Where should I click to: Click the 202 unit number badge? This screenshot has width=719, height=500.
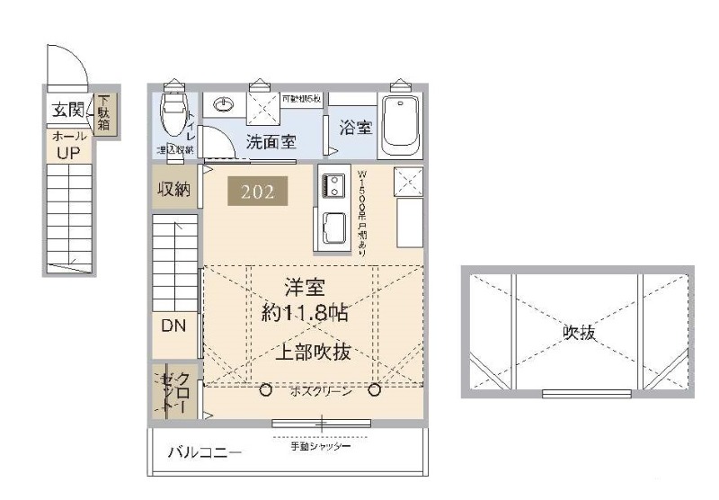(258, 191)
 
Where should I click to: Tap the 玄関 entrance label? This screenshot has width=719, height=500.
(67, 111)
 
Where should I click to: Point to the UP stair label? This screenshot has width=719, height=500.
(68, 152)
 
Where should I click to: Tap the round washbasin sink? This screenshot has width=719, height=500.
(223, 105)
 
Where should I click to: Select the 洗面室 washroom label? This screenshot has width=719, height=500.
(272, 142)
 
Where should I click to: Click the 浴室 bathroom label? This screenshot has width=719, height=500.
(355, 128)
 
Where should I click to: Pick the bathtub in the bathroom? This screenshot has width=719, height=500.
(399, 127)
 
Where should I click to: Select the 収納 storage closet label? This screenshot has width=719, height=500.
(174, 189)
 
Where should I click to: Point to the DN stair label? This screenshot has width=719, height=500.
(173, 326)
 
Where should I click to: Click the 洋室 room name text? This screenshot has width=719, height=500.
(304, 289)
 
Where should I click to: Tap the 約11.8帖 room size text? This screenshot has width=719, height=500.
(305, 315)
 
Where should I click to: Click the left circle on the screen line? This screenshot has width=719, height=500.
(266, 390)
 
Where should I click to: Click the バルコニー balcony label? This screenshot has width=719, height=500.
(205, 452)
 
